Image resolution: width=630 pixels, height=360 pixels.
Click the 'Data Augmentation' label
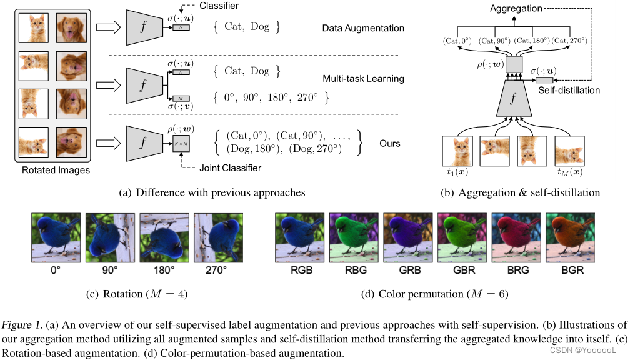point(363,28)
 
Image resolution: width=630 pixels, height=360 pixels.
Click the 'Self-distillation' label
point(568,91)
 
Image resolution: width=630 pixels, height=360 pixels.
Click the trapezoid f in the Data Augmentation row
point(142,28)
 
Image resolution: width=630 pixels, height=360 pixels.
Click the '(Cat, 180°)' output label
point(533,41)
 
